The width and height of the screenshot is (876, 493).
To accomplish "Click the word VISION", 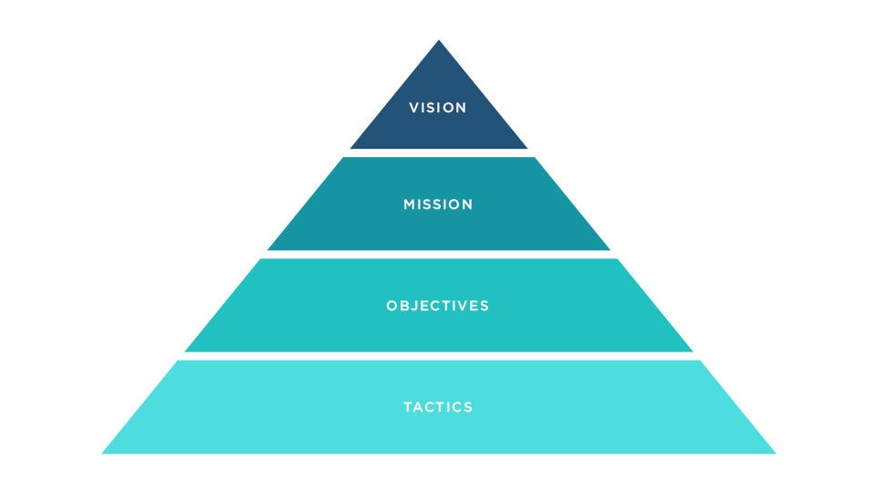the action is pyautogui.click(x=437, y=108).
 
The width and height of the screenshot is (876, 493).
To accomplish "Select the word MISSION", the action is pyautogui.click(x=438, y=205).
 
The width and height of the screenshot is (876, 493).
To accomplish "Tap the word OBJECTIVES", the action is pyautogui.click(x=437, y=306).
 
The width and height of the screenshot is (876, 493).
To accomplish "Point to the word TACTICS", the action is pyautogui.click(x=438, y=407).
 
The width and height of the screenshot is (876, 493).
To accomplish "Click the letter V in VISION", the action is pyautogui.click(x=413, y=108).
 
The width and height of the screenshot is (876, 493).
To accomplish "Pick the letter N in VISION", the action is pyautogui.click(x=462, y=108).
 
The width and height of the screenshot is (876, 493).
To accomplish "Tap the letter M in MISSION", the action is pyautogui.click(x=409, y=205).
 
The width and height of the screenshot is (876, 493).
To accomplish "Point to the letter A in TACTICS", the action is pyautogui.click(x=420, y=407).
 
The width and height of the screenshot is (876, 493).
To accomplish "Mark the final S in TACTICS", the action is pyautogui.click(x=468, y=407).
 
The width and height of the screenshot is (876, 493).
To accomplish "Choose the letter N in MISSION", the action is pyautogui.click(x=467, y=205).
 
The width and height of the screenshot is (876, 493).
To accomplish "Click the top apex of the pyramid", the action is pyautogui.click(x=439, y=40).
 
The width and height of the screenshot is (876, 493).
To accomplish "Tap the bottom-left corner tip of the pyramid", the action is pyautogui.click(x=102, y=453).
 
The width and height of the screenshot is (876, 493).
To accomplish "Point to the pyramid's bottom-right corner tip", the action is pyautogui.click(x=775, y=453).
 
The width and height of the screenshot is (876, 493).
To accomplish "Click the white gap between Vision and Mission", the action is pyautogui.click(x=439, y=152).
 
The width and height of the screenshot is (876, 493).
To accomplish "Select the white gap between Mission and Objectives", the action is pyautogui.click(x=439, y=255).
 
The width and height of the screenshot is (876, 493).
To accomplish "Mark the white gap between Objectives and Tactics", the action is pyautogui.click(x=439, y=356).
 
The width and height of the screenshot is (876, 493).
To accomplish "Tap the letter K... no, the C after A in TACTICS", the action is pyautogui.click(x=432, y=407).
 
